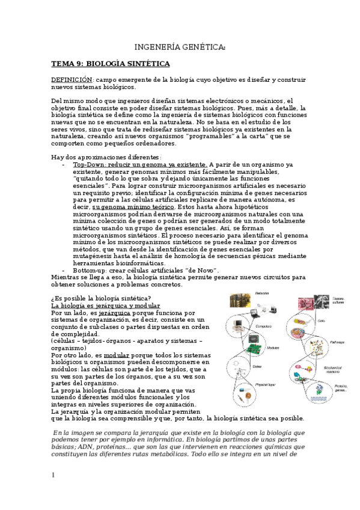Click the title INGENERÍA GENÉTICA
pos(180,47)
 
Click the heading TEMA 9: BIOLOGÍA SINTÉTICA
pos(110,64)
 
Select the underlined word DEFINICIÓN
pos(72,80)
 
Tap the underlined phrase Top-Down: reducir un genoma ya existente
pos(141,164)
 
